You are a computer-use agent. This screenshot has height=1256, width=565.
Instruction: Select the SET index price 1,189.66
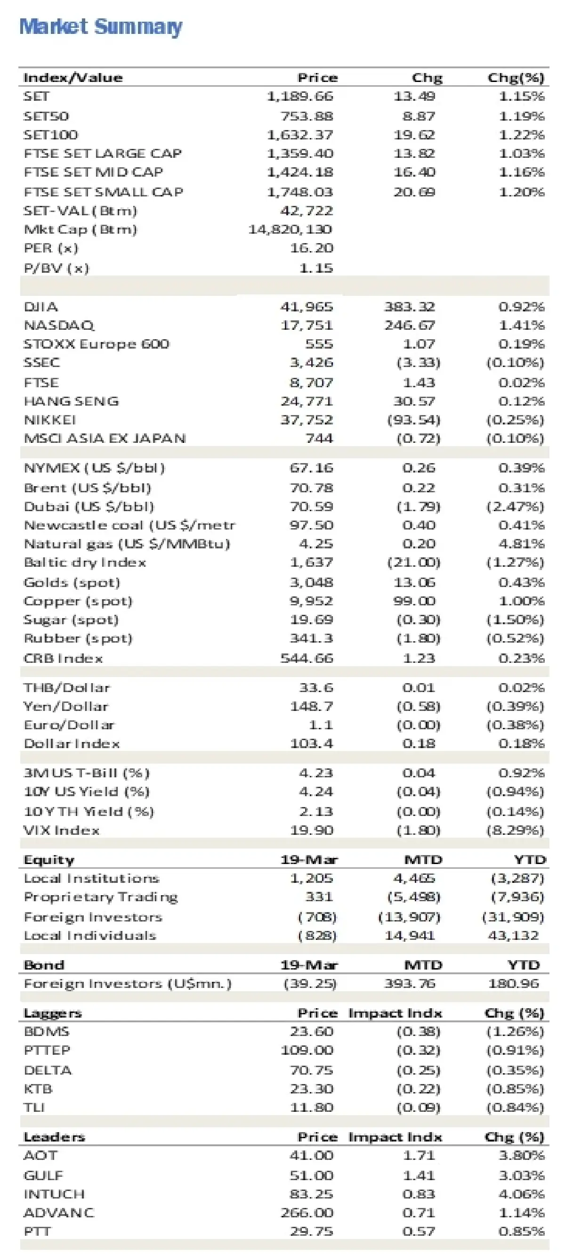pyautogui.click(x=300, y=96)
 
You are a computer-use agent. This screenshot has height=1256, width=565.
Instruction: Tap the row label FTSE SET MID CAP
pyautogui.click(x=93, y=171)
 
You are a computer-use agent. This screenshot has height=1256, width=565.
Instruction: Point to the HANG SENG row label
pyautogui.click(x=71, y=401)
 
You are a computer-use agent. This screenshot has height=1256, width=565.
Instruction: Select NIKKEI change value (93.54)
pyautogui.click(x=413, y=420)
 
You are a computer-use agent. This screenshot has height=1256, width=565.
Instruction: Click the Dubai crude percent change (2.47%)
pyautogui.click(x=515, y=506)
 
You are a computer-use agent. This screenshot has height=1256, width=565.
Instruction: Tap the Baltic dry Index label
pyautogui.click(x=85, y=562)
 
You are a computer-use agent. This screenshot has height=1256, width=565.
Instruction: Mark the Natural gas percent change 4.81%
pyautogui.click(x=521, y=544)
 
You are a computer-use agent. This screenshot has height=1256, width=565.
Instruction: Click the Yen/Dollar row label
pyautogui.click(x=66, y=706)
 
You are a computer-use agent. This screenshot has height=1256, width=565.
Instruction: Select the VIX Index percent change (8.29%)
pyautogui.click(x=515, y=830)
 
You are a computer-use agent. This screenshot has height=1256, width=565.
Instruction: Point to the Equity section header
pyautogui.click(x=49, y=860)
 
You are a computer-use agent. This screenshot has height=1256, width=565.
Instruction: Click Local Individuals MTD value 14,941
pyautogui.click(x=410, y=935)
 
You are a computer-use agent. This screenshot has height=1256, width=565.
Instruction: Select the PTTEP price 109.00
pyautogui.click(x=307, y=1050)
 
